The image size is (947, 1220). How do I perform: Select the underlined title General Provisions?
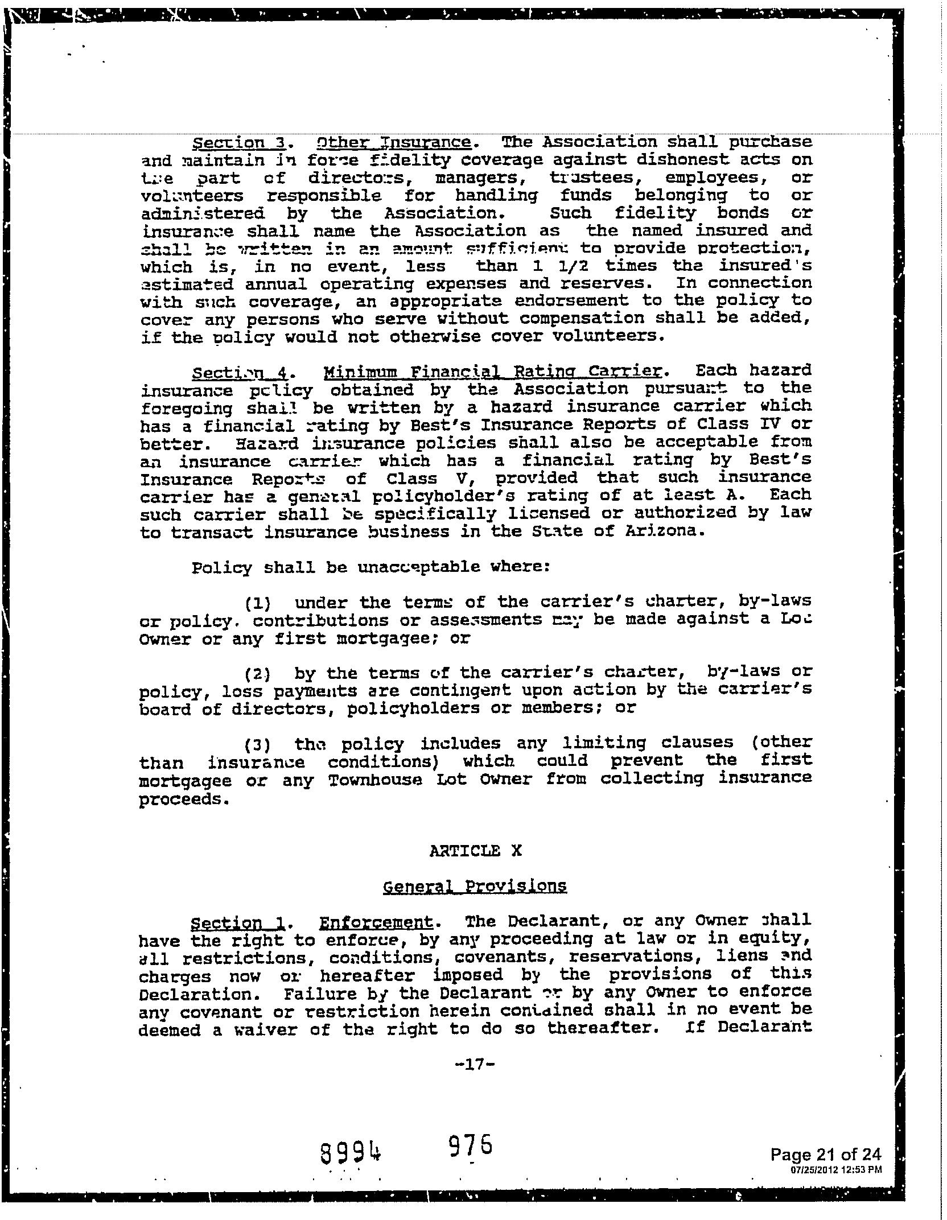point(475,887)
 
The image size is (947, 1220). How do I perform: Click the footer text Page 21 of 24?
point(826,1154)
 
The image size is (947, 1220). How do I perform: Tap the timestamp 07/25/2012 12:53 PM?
point(836,1170)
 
